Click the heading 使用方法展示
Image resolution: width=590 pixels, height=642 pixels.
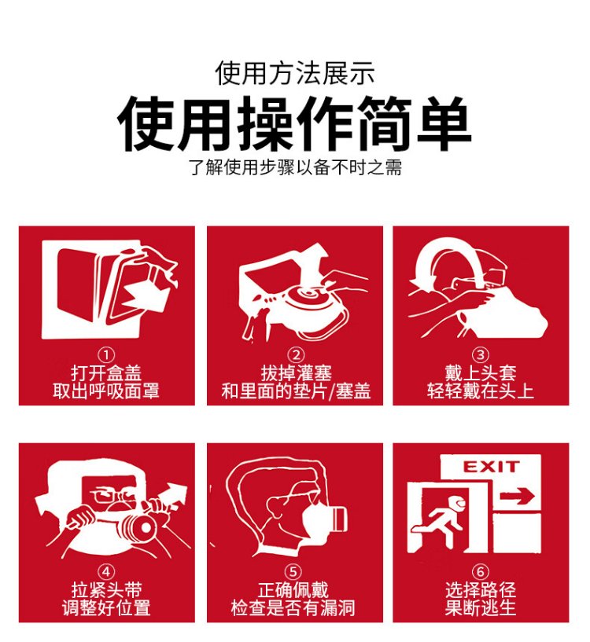coord(295,73)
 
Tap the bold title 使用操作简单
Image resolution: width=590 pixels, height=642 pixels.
coord(294,124)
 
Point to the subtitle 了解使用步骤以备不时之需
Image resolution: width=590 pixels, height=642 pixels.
coord(295,167)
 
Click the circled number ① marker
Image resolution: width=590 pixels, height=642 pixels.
coord(106,355)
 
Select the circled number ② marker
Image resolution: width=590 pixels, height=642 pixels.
coord(296,355)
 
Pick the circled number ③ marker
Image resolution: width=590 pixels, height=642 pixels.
coord(481,355)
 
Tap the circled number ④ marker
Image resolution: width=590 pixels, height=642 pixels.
coord(106,572)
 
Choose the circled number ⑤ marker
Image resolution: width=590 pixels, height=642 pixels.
coord(293,572)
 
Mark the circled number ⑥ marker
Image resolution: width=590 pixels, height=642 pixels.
coord(481,572)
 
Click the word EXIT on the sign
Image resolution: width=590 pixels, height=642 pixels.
coord(491,467)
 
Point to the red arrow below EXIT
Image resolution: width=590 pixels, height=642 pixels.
coord(517,497)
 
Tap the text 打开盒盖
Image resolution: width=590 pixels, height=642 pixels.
coord(106,373)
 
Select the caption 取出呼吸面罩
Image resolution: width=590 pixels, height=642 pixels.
coord(106,391)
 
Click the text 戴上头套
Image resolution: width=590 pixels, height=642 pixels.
coord(481,373)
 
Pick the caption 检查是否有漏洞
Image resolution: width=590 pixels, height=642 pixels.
coord(293,608)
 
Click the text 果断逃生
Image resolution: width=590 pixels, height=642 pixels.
coord(481,608)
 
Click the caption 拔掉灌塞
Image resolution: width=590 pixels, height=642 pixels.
coord(296,373)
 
